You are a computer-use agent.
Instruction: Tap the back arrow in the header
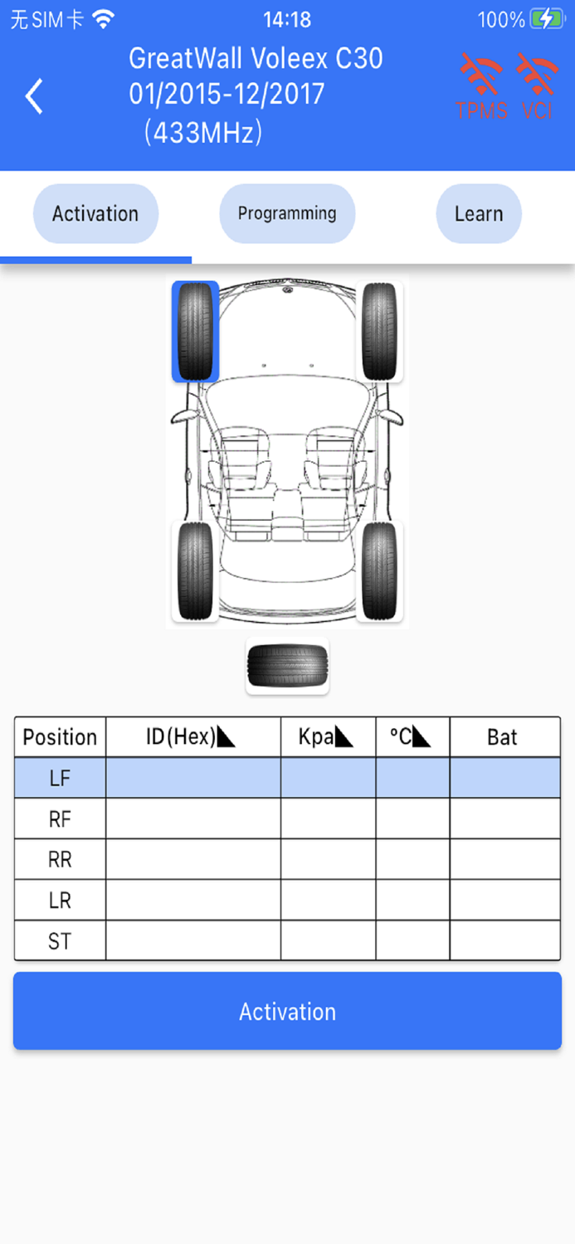34,96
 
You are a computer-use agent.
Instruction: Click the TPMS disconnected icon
482,86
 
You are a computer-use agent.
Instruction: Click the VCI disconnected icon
538,86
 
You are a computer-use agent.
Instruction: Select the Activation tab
95,214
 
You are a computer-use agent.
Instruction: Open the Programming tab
287,214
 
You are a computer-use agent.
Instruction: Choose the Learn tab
479,214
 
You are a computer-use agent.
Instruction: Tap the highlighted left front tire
196,332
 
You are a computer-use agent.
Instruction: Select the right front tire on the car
380,332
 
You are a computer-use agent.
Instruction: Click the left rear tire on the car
196,571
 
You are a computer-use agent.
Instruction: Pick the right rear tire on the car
380,571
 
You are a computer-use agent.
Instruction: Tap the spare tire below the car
288,666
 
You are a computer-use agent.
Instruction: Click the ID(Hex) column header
192,736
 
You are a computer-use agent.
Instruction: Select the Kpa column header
328,736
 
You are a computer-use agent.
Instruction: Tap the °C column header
412,736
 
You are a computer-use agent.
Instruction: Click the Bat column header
503,736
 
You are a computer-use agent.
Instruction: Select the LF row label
60,778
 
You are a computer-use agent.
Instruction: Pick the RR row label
60,859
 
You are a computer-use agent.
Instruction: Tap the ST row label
60,941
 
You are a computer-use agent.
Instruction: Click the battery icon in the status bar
546,19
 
